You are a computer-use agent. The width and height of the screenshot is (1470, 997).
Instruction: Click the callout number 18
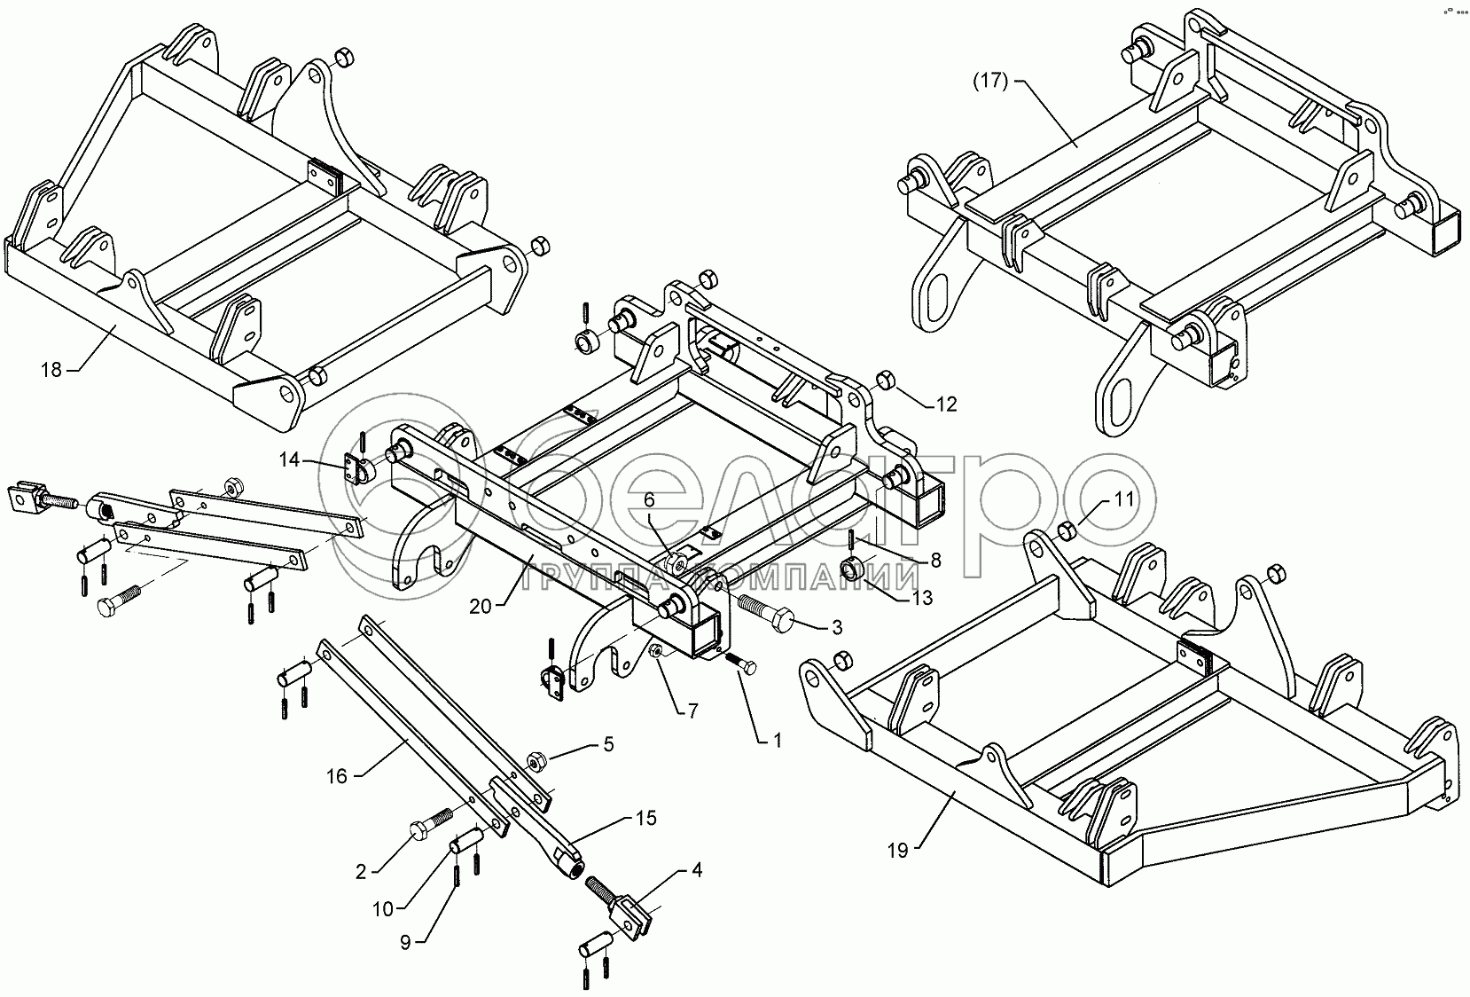tap(52, 369)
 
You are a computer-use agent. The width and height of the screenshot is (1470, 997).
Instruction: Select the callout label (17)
tap(989, 83)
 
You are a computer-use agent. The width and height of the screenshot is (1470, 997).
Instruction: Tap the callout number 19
tap(897, 851)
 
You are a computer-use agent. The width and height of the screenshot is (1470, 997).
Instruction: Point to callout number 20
tap(480, 607)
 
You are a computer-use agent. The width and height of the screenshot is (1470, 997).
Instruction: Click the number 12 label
tap(946, 404)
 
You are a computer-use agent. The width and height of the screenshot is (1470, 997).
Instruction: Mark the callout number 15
tap(645, 818)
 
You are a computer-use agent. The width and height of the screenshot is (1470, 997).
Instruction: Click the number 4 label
tap(696, 871)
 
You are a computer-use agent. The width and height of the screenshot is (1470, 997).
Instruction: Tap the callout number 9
tap(405, 943)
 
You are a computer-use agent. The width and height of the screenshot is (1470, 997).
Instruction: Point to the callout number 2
tap(361, 871)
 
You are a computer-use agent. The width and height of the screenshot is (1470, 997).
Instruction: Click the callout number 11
tap(1123, 499)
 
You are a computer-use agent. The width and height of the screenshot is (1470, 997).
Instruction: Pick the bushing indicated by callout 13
tap(851, 569)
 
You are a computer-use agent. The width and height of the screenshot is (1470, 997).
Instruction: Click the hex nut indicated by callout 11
tap(1068, 531)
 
